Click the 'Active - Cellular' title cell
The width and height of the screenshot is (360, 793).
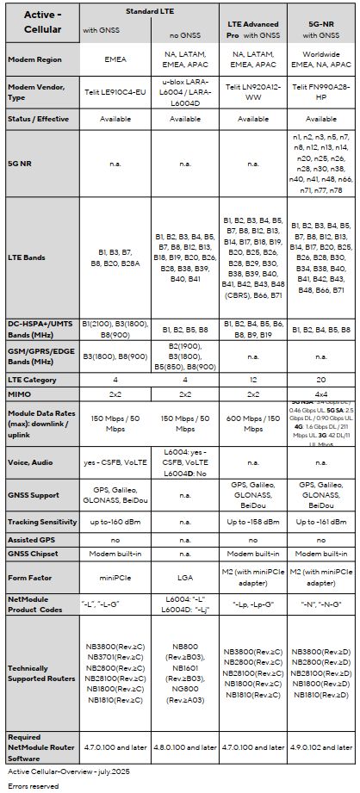point(40,24)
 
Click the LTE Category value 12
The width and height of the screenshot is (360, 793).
point(252,378)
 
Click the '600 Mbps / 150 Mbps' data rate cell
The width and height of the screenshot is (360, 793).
point(252,418)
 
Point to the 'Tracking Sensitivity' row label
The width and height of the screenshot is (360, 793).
point(40,521)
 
